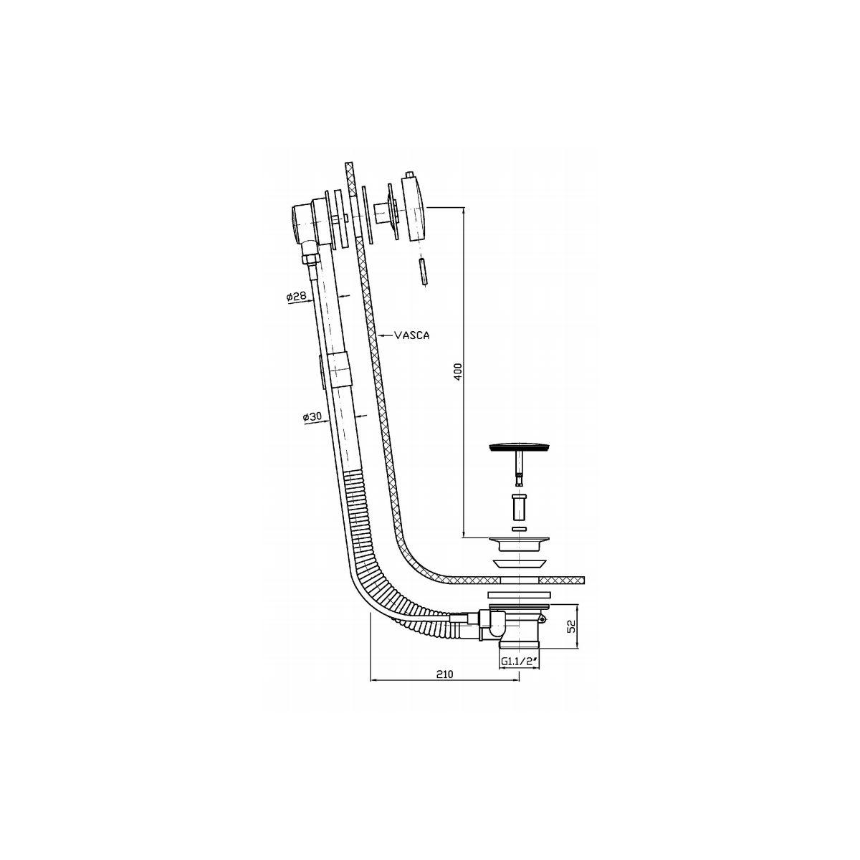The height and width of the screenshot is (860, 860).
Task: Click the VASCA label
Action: pyautogui.click(x=412, y=335)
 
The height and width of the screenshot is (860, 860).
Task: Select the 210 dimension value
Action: pyautogui.click(x=444, y=687)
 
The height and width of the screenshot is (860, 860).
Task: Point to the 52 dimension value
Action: pyautogui.click(x=573, y=627)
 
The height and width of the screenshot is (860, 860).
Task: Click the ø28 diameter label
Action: pyautogui.click(x=296, y=296)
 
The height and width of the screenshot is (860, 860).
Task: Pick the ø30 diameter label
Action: pyautogui.click(x=312, y=417)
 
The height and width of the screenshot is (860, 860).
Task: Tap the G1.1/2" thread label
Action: pyautogui.click(x=518, y=674)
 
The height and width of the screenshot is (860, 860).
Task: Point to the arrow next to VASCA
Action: pyautogui.click(x=385, y=335)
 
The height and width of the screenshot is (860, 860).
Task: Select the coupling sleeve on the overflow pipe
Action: pyautogui.click(x=340, y=368)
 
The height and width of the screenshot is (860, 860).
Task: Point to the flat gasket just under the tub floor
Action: pyautogui.click(x=518, y=595)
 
